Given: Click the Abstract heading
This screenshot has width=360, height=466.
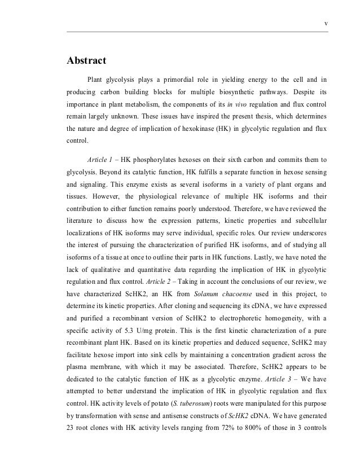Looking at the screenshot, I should [x=87, y=61].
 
